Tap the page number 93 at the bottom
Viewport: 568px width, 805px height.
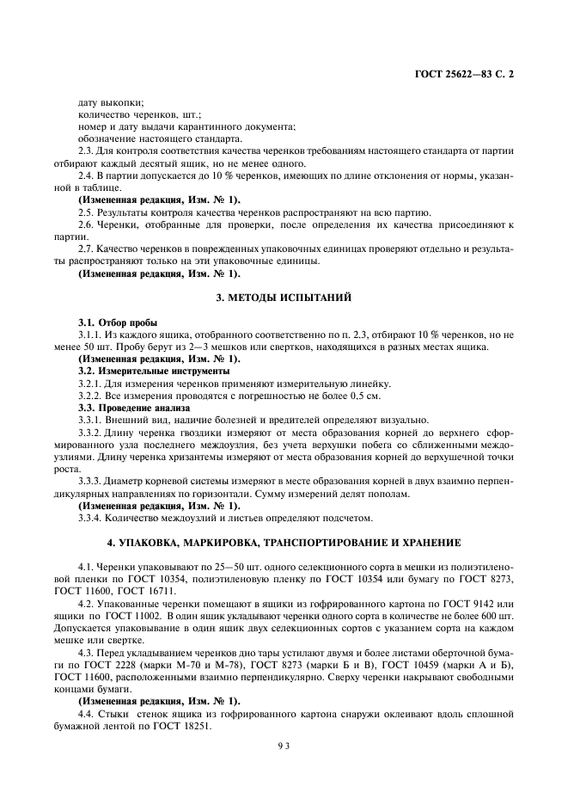coord(284,747)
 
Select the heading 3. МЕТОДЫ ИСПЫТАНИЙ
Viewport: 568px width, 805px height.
coord(284,297)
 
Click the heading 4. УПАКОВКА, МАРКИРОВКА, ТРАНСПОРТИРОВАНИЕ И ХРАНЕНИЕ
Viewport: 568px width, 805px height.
coord(284,543)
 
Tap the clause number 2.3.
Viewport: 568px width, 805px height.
coord(86,152)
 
